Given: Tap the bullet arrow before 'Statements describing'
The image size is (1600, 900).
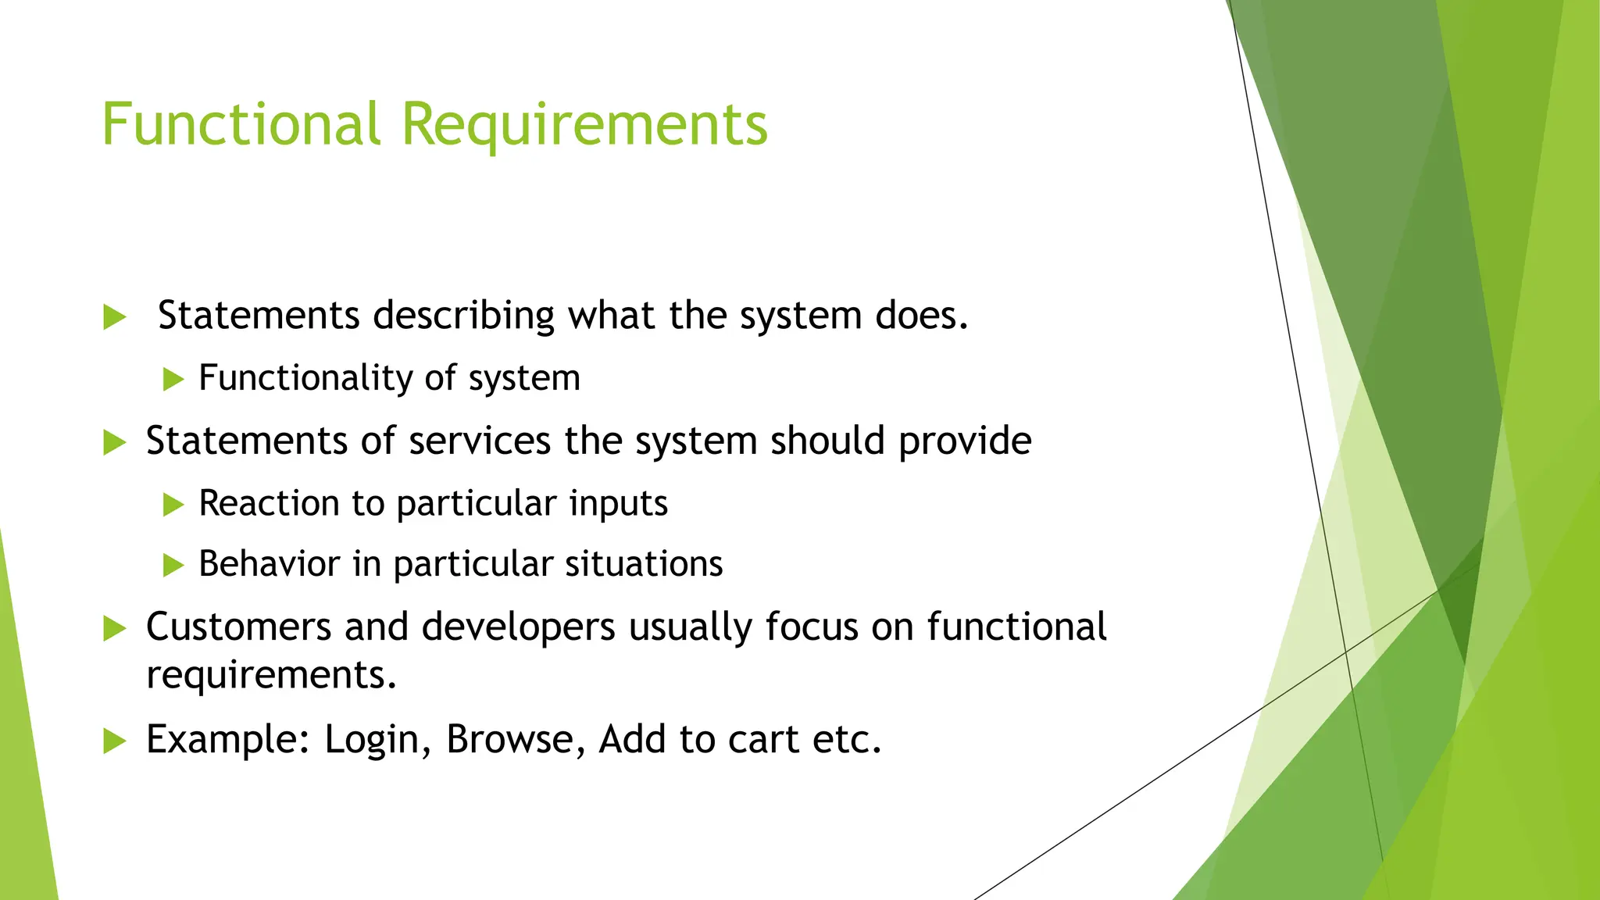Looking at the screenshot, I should pyautogui.click(x=114, y=317).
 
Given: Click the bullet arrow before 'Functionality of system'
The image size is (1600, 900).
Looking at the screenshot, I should pyautogui.click(x=173, y=380).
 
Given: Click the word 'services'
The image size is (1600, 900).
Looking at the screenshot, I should pyautogui.click(x=480, y=441).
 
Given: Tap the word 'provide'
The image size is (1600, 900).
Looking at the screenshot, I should pyautogui.click(x=964, y=442).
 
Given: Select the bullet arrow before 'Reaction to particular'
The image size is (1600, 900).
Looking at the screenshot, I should pyautogui.click(x=173, y=504).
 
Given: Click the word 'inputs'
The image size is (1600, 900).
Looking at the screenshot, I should pyautogui.click(x=618, y=504).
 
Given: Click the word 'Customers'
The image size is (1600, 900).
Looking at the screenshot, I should pyautogui.click(x=238, y=627).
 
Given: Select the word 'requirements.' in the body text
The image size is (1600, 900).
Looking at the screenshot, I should pyautogui.click(x=271, y=675).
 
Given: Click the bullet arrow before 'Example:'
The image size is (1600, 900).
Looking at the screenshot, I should pyautogui.click(x=114, y=741).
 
